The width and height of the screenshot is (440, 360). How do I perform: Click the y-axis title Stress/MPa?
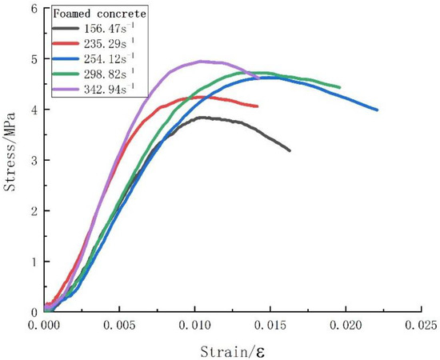coord(10,160)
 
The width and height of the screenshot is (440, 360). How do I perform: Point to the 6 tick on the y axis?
coord(34,8)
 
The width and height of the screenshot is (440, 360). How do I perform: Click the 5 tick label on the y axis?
coord(34,59)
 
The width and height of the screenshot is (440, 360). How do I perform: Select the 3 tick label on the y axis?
coord(34,160)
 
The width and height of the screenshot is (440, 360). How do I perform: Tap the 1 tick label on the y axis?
coord(34,262)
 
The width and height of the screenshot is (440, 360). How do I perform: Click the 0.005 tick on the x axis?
coord(119,326)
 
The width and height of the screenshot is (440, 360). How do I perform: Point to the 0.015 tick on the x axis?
coord(270,326)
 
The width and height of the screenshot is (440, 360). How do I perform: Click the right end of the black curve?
coord(290,150)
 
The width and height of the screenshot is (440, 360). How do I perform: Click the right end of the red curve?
coord(258,106)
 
